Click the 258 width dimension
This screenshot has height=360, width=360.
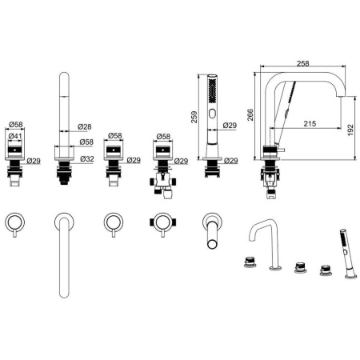point(303,63)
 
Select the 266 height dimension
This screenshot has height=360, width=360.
point(250,114)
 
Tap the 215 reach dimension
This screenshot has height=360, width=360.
point(310,123)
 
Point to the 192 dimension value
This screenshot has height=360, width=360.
point(350,130)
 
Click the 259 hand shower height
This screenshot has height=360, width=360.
point(194,117)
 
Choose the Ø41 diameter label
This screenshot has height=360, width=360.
point(15,136)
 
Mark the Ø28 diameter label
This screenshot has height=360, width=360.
point(85,126)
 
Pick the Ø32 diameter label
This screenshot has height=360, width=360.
point(87,159)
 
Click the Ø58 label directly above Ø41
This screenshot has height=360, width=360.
point(15,124)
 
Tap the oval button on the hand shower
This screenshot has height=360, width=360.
point(213,114)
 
